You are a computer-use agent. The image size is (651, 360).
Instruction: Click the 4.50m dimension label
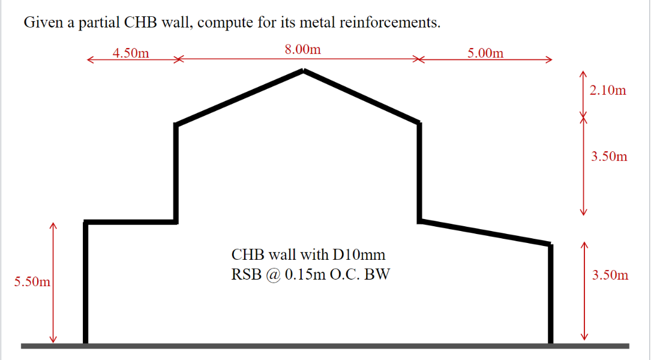(x=131, y=53)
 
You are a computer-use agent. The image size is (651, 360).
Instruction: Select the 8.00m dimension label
(x=302, y=49)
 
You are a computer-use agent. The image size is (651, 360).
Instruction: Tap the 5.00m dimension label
(x=485, y=53)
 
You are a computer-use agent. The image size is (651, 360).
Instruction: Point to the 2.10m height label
(x=608, y=91)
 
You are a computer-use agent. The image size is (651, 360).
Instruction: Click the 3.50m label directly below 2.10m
(x=609, y=157)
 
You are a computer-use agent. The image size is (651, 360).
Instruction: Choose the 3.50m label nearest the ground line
(x=610, y=275)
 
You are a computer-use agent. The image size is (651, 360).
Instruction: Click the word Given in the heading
(x=42, y=23)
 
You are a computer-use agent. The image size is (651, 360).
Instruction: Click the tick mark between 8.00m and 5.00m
(x=418, y=59)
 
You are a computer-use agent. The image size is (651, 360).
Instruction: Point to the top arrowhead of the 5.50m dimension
(x=53, y=226)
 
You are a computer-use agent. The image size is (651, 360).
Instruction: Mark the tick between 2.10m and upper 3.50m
(x=582, y=118)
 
